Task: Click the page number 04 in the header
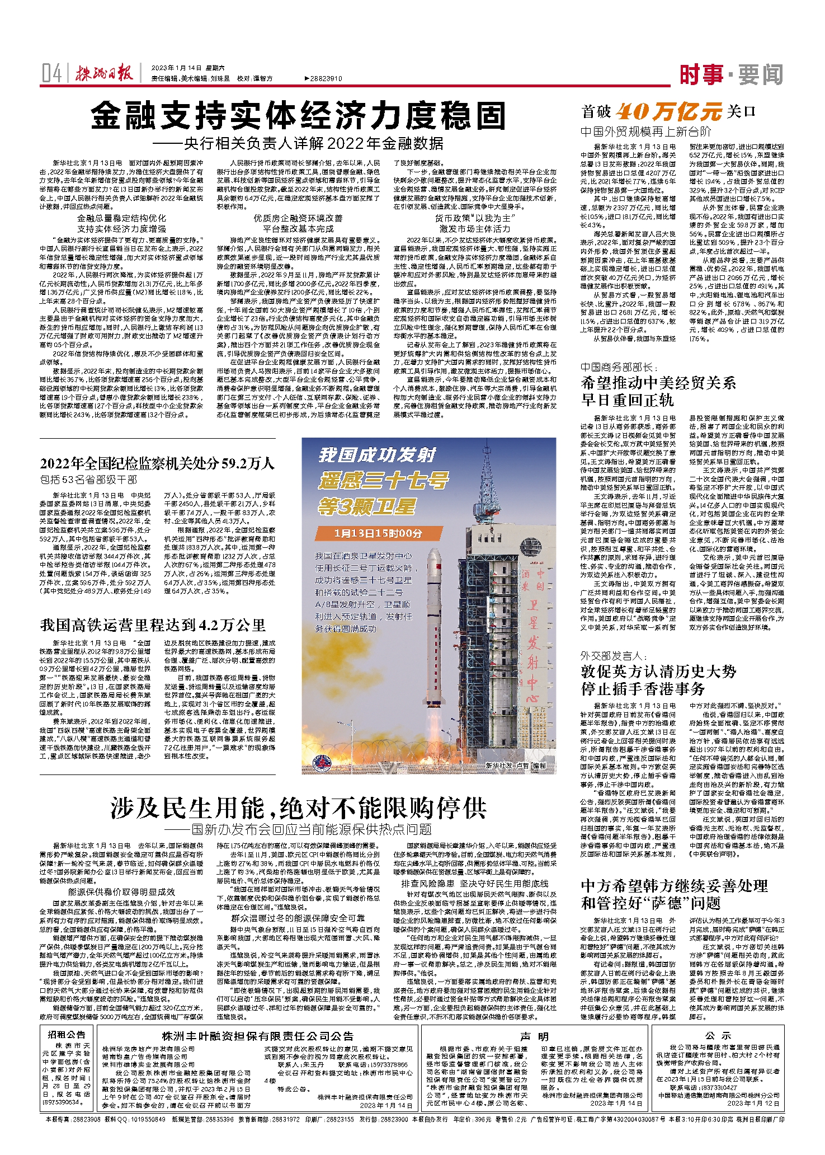click(51, 73)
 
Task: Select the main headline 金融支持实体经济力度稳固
click(298, 116)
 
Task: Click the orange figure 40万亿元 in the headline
click(669, 112)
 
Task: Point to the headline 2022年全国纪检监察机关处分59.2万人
click(157, 463)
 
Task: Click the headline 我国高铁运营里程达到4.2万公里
click(153, 625)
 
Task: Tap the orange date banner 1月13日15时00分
click(378, 533)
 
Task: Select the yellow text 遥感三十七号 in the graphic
click(383, 481)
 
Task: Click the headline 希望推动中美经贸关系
click(658, 383)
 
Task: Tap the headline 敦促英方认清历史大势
click(658, 672)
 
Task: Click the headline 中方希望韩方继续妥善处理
click(674, 886)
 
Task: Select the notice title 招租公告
click(67, 1034)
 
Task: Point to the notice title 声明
click(534, 1036)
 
